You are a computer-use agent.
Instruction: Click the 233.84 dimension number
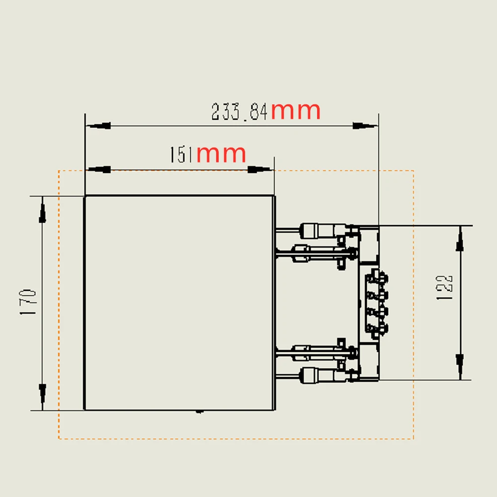(x=240, y=111)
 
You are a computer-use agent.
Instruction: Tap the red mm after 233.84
(x=295, y=111)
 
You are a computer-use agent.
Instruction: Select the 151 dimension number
(x=181, y=155)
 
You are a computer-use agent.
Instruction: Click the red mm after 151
(x=221, y=155)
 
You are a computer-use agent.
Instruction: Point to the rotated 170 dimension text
(x=28, y=302)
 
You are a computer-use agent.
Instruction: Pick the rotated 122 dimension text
(x=444, y=287)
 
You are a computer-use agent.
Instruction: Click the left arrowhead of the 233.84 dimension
(x=98, y=126)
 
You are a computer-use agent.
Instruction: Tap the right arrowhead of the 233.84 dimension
(x=365, y=126)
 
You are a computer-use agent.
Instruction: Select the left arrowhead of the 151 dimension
(x=98, y=169)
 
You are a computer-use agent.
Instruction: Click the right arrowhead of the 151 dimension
(x=260, y=169)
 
